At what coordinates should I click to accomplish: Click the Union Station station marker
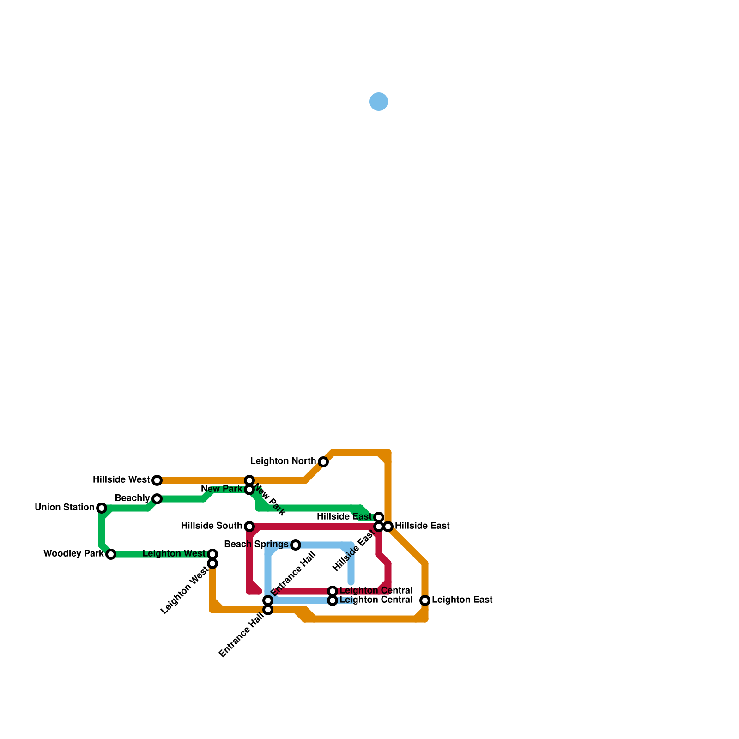[x=102, y=508]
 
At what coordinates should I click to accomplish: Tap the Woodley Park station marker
[x=111, y=554]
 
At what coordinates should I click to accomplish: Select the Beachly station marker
[x=157, y=499]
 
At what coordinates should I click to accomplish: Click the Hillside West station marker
[x=157, y=480]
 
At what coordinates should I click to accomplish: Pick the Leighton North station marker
[x=323, y=462]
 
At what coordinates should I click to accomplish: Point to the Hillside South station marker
[x=249, y=527]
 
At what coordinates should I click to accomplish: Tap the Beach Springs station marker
[x=296, y=545]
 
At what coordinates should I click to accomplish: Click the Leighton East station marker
[x=425, y=600]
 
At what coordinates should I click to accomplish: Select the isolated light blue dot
[x=379, y=102]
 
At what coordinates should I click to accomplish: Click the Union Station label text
[x=64, y=508]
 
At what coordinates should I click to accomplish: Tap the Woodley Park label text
[x=73, y=553]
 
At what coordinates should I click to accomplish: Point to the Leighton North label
[x=283, y=461]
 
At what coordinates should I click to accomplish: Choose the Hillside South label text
[x=211, y=526]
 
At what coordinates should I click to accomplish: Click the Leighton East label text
[x=462, y=600]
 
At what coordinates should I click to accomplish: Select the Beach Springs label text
[x=256, y=545]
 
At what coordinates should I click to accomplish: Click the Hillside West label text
[x=121, y=480]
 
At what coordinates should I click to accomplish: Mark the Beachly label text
[x=132, y=498]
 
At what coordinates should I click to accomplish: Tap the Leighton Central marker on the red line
[x=333, y=591]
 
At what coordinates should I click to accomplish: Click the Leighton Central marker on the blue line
[x=333, y=601]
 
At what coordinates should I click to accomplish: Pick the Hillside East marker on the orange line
[x=388, y=527]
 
